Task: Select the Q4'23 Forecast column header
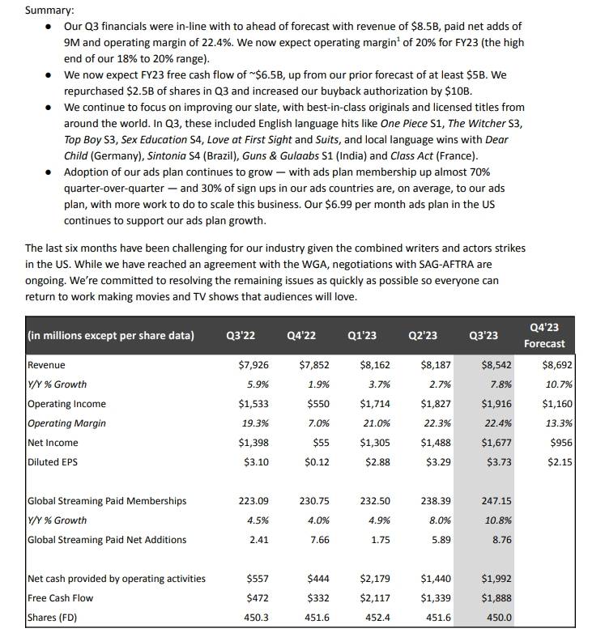coord(544,335)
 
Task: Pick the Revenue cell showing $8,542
coord(496,365)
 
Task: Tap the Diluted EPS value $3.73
coord(498,461)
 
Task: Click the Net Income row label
coord(53,442)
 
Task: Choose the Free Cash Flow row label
coord(60,597)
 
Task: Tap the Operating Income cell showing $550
coord(314,403)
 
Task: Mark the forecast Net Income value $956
coord(559,442)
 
